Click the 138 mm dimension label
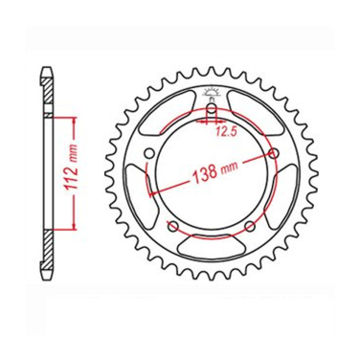214,172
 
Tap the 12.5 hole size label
226,131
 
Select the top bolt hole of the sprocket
212,111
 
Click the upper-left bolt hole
149,153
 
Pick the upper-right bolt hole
274,153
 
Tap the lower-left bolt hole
173,227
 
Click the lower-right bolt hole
250,227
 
